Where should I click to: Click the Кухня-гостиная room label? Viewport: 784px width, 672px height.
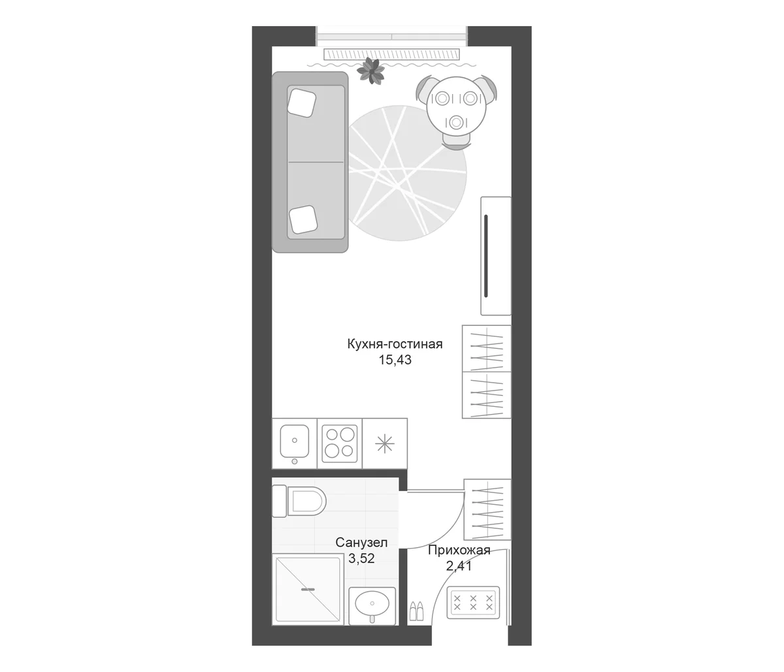point(395,344)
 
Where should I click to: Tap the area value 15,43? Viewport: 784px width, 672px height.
point(395,360)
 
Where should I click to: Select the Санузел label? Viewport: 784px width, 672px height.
point(361,543)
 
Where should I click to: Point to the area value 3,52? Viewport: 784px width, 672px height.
point(361,558)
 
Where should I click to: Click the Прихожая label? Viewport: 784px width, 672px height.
point(459,550)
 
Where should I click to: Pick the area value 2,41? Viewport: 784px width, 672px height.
point(459,566)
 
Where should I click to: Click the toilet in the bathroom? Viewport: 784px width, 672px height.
point(299,501)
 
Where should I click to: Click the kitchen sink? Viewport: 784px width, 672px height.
point(295,442)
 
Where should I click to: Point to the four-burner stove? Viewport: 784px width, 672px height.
point(340,443)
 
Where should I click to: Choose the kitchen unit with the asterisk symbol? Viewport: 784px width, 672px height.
point(385,443)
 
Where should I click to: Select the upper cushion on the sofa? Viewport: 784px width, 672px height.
point(302,103)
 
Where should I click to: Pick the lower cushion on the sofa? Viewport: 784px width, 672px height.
point(303,219)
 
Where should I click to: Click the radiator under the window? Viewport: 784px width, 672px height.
point(391,54)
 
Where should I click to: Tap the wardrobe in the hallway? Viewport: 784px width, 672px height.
point(487,509)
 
